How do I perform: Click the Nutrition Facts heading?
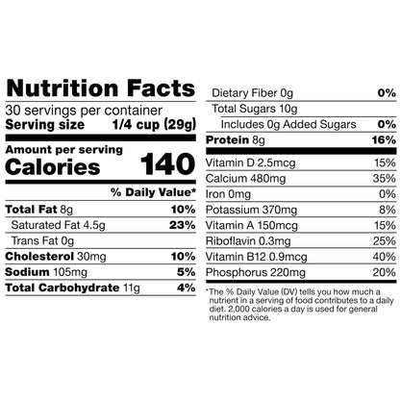point(101,88)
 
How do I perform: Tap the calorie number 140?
point(167,163)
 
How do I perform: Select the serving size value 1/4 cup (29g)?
point(154,125)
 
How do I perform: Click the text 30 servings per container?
point(84,111)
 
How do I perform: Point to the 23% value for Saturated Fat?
point(183,225)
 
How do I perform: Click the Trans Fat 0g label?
point(42,240)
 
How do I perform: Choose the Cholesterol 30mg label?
point(56,257)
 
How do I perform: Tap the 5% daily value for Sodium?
point(187,272)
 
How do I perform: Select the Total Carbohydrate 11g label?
point(73,287)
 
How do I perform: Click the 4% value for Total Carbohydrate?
point(187,287)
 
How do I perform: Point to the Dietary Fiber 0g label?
point(253,93)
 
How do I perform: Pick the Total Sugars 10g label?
point(255,109)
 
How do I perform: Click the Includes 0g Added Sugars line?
point(288,124)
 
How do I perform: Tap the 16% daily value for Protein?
point(384,139)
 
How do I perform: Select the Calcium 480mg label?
point(245,179)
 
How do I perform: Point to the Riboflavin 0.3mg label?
point(248,241)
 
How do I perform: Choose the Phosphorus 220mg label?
point(256,272)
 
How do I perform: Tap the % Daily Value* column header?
point(153,192)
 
